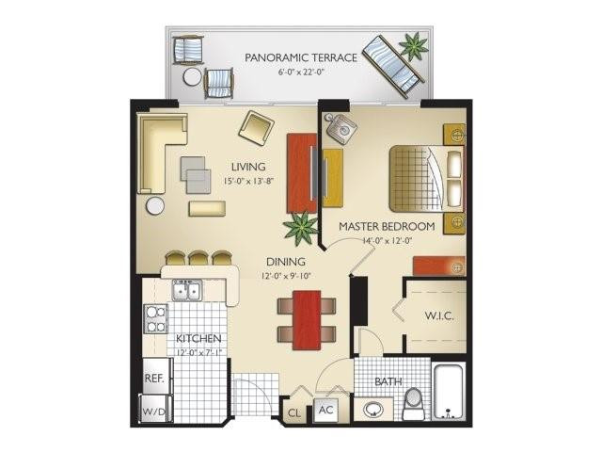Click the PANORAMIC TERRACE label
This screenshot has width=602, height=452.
301,57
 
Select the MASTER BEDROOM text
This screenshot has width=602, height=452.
387,227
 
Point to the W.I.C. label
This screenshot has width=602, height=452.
438,315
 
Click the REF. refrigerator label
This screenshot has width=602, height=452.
155,378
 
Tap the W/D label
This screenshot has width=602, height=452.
153,411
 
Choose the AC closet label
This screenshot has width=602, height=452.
326,410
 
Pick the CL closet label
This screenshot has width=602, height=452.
294,412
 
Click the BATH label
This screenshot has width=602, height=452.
388,382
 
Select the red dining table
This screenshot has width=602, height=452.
307,319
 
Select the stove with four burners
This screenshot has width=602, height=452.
155,319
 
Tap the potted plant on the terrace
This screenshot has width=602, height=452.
412,44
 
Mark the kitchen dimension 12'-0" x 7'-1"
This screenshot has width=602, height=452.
198,352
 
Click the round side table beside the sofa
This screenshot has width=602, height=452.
154,205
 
